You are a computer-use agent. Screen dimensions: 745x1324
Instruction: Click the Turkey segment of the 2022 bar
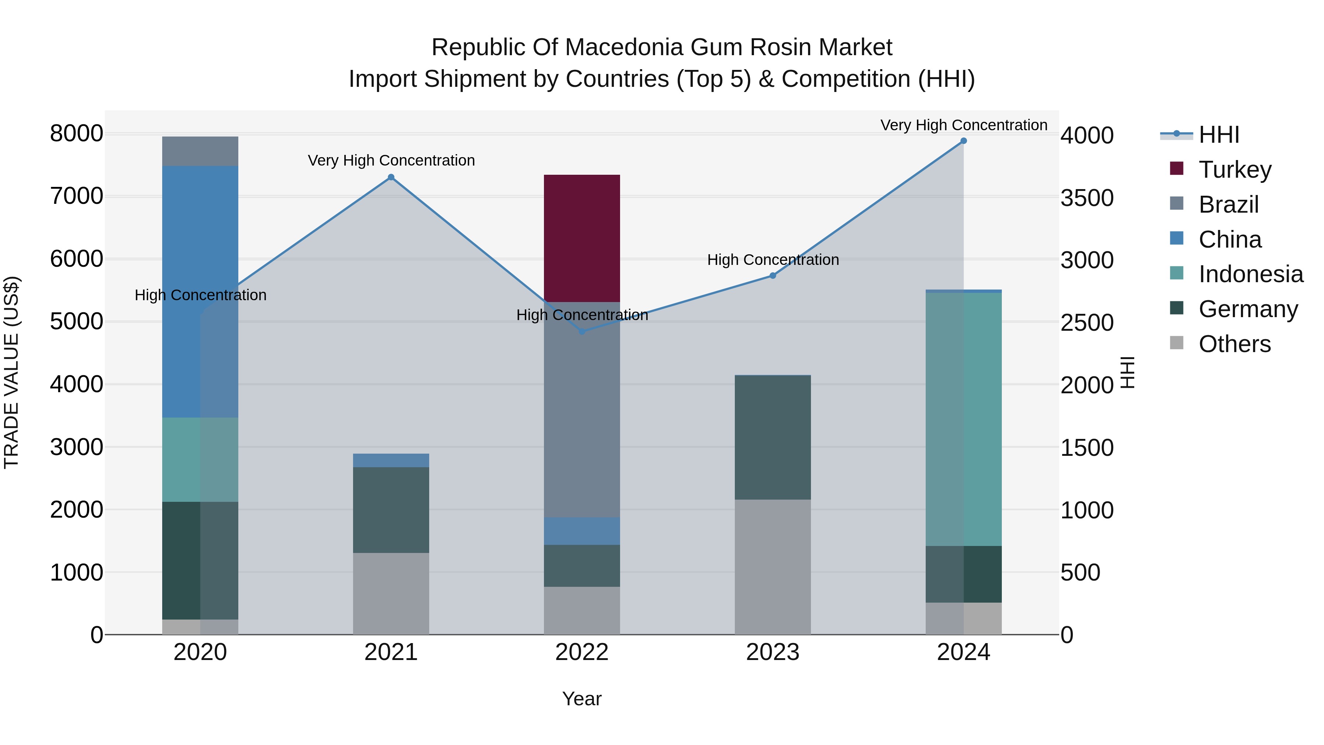(x=582, y=238)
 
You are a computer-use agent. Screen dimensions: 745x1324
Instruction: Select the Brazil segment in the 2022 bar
(x=582, y=409)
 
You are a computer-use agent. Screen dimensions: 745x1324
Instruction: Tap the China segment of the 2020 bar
(x=200, y=291)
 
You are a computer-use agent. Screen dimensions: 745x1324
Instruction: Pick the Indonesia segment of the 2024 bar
(x=963, y=419)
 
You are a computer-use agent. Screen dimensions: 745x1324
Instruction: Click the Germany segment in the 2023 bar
(x=772, y=437)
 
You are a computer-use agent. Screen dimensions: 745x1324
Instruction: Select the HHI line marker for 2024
(x=964, y=141)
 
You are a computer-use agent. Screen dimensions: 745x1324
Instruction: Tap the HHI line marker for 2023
(x=772, y=276)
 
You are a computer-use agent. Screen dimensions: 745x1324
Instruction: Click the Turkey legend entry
(x=1235, y=170)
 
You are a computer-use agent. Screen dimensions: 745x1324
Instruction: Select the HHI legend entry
(x=1219, y=135)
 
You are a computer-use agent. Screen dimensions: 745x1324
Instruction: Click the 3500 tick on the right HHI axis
(x=1087, y=198)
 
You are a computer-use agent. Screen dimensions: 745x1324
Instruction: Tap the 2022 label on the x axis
(x=582, y=652)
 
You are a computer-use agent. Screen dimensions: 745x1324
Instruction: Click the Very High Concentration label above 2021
(x=391, y=160)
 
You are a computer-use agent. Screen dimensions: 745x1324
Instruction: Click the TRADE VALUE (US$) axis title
(x=11, y=372)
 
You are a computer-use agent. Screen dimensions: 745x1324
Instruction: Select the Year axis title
(x=582, y=699)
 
